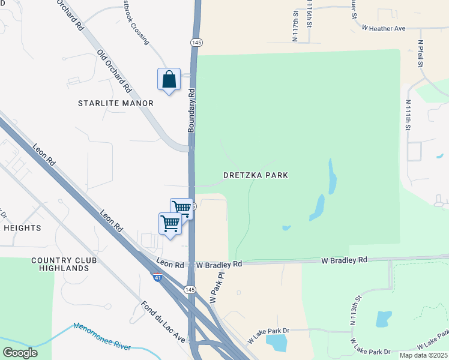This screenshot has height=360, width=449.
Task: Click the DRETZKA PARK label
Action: tap(256, 175)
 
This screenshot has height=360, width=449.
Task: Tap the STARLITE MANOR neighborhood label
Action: tap(116, 103)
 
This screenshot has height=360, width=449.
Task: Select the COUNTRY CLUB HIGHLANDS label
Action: tap(61, 264)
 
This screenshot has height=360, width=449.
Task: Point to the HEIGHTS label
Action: tap(22, 228)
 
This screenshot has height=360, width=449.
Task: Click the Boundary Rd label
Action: tap(191, 111)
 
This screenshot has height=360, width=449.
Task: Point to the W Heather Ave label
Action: tap(384, 28)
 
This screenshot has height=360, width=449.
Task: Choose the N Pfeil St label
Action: tap(421, 53)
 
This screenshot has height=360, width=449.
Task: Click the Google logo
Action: tap(20, 352)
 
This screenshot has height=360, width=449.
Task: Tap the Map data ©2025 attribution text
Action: tap(422, 355)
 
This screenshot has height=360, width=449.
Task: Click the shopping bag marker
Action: tap(169, 79)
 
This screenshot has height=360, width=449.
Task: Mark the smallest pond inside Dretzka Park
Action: tap(286, 227)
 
